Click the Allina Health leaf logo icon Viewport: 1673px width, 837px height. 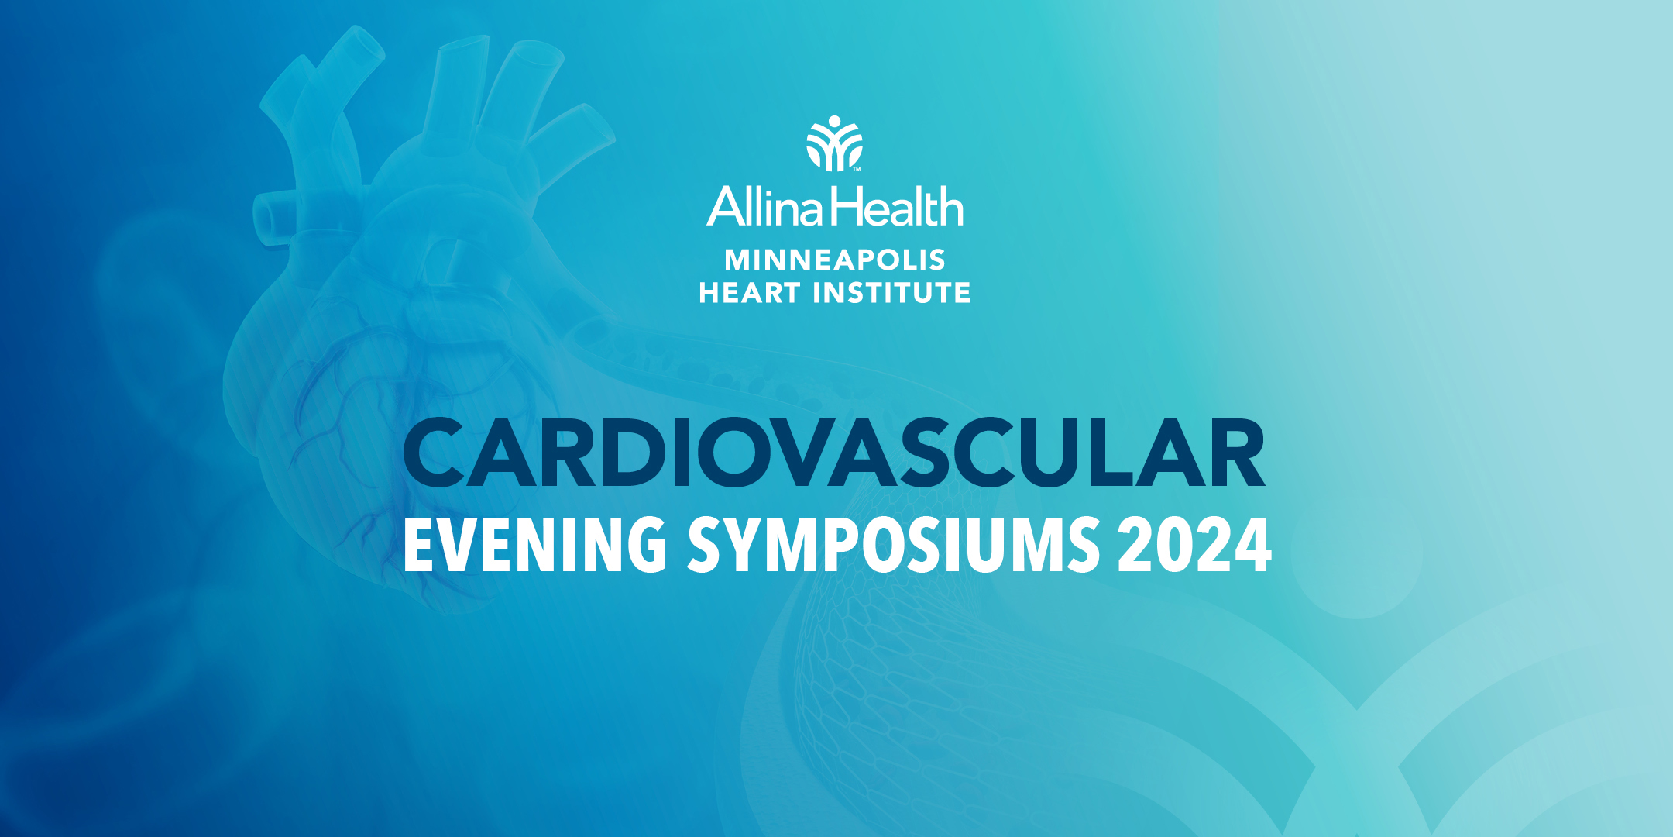(x=834, y=143)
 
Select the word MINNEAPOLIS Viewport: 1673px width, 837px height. (x=835, y=260)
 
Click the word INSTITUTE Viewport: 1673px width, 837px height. (x=891, y=293)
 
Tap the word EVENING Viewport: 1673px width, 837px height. (x=535, y=545)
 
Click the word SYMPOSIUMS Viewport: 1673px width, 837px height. (x=894, y=545)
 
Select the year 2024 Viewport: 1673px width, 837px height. (x=1194, y=545)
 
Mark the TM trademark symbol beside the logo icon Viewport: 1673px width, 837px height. (x=857, y=168)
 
